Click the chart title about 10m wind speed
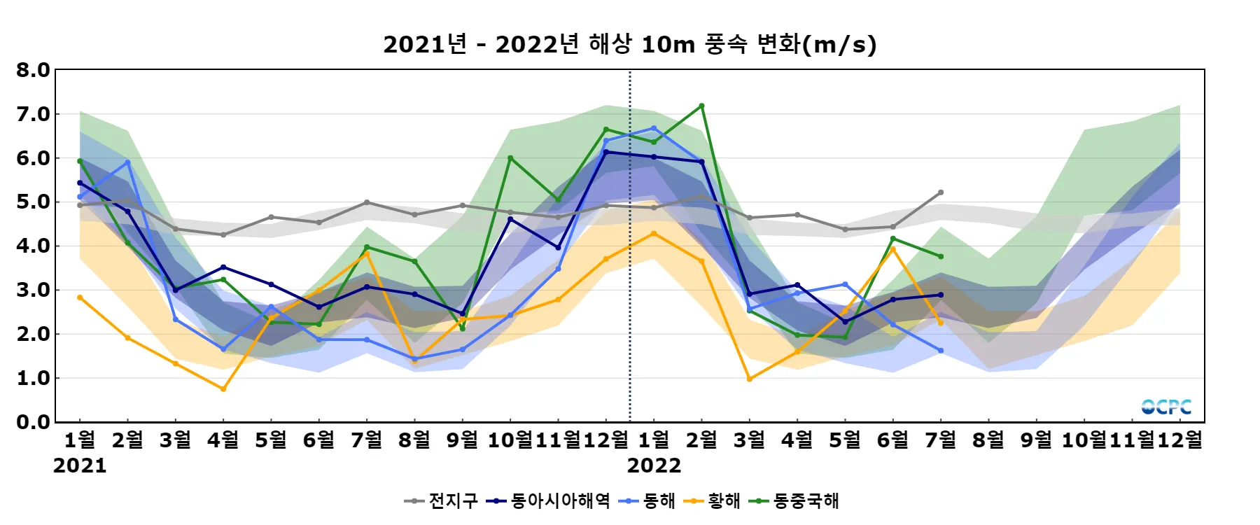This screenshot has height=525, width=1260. (x=629, y=44)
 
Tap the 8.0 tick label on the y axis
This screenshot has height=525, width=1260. (x=33, y=70)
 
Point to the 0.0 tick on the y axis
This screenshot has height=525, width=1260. (x=33, y=422)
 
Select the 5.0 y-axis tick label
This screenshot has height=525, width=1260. (x=33, y=202)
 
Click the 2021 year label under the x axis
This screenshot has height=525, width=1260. (x=80, y=465)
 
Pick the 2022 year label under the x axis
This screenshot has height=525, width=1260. (x=654, y=465)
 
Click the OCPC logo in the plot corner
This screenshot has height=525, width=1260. (x=1166, y=407)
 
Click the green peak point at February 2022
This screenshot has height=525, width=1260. (x=701, y=106)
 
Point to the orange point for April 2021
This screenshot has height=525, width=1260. (x=223, y=389)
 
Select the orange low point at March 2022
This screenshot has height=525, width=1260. (x=750, y=379)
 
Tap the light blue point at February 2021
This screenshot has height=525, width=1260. (x=127, y=162)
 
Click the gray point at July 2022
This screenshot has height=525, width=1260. (x=941, y=192)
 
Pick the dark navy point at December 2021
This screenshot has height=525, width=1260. (x=606, y=152)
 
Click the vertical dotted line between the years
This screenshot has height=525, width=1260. (x=630, y=280)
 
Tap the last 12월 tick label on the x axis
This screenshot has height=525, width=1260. (x=1180, y=440)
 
